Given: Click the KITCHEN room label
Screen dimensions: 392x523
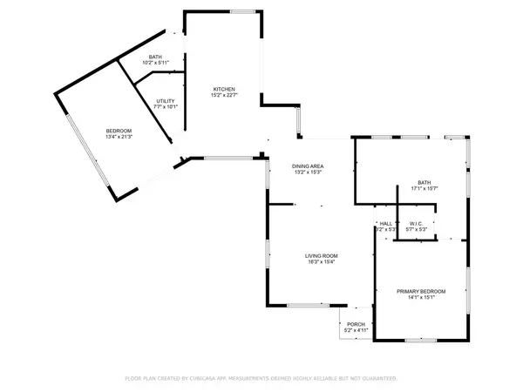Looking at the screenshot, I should pyautogui.click(x=225, y=89).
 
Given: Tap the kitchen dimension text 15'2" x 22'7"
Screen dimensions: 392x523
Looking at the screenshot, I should pyautogui.click(x=225, y=96).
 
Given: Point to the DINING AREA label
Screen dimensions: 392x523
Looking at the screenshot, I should pyautogui.click(x=308, y=166).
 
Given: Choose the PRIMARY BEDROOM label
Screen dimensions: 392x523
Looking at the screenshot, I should pyautogui.click(x=421, y=291).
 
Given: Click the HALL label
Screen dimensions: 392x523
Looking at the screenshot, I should pyautogui.click(x=386, y=224).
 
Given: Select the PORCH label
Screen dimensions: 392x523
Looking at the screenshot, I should pyautogui.click(x=356, y=325).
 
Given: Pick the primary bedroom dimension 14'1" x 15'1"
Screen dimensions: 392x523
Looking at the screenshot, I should pyautogui.click(x=421, y=298).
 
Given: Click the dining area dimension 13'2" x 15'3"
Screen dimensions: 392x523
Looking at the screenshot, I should pyautogui.click(x=308, y=172).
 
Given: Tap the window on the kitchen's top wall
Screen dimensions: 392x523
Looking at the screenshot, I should pyautogui.click(x=243, y=11).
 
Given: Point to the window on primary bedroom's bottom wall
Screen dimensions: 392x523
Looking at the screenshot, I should pyautogui.click(x=421, y=340).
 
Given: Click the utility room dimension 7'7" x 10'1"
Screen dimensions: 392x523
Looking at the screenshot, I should pyautogui.click(x=166, y=107).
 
